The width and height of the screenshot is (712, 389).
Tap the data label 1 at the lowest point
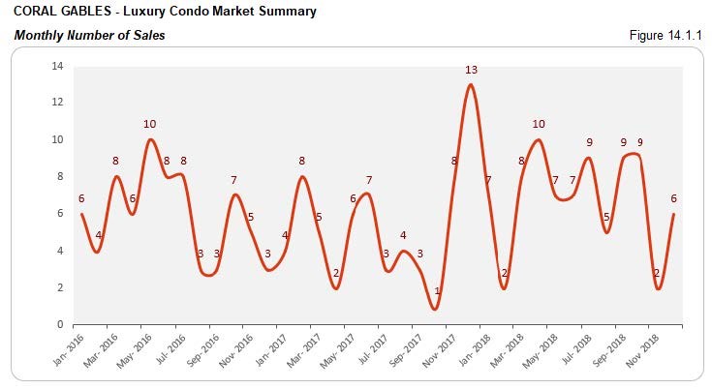click(437, 291)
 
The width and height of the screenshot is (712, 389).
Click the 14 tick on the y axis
click(57, 66)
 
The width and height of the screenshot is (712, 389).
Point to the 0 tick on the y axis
click(60, 324)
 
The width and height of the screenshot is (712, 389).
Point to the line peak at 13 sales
click(470, 85)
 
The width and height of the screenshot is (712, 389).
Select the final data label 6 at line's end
click(673, 198)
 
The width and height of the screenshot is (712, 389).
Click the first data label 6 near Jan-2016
click(81, 198)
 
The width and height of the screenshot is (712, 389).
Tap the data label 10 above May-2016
click(149, 124)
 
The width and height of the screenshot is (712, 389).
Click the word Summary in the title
click(287, 13)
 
